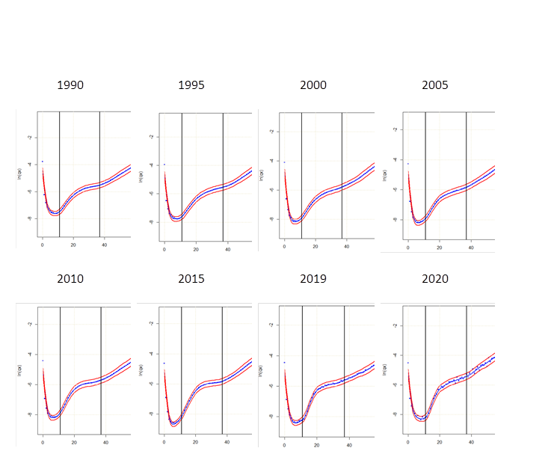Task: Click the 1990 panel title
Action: click(70, 85)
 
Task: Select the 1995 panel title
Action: click(191, 85)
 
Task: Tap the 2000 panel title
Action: click(313, 85)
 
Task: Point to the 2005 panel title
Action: click(435, 85)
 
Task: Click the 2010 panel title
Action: click(70, 279)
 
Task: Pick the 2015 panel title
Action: click(191, 279)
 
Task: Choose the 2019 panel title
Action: click(313, 279)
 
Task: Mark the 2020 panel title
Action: click(435, 279)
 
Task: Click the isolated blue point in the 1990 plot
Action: click(43, 162)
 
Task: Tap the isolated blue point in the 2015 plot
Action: click(164, 363)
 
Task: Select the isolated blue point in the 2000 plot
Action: click(284, 162)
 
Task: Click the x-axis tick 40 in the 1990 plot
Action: click(105, 245)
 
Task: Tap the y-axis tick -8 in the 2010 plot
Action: click(28, 414)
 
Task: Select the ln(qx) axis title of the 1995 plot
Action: click(139, 179)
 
